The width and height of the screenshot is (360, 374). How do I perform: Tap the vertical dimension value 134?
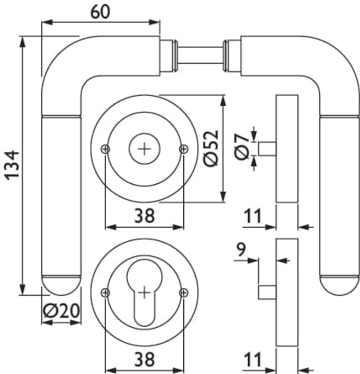coord(12,164)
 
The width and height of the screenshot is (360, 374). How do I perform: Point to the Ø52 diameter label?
coord(211,148)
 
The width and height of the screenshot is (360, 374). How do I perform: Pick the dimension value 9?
coord(240,249)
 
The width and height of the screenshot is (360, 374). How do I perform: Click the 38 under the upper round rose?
coord(144,216)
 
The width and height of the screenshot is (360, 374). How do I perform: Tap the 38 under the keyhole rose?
coord(144,360)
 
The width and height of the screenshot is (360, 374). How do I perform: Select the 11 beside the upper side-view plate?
coord(252,216)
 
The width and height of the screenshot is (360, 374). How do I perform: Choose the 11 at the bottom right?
coord(252,360)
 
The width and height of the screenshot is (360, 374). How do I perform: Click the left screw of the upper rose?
coord(106,149)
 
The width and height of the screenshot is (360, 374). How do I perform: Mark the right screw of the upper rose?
coord(183,149)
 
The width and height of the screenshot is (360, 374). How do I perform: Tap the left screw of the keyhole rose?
coord(106,293)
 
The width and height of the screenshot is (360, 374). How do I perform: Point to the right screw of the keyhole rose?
coord(183,293)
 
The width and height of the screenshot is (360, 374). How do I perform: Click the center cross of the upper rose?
coord(144,149)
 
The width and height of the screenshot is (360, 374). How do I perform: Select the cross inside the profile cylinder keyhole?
coord(145,293)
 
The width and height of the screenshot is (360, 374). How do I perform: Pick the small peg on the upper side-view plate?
coord(267,149)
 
